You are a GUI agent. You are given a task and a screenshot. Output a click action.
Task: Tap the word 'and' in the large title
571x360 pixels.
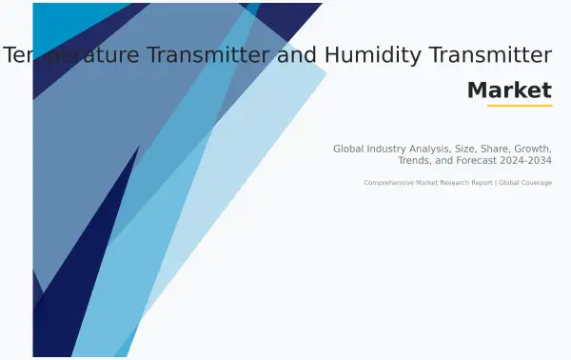295,55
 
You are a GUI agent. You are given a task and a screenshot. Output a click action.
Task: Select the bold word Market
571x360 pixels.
509,90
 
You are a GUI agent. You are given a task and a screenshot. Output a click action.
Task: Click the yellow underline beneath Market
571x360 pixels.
520,106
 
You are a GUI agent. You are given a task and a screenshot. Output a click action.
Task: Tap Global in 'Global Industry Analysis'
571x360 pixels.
349,149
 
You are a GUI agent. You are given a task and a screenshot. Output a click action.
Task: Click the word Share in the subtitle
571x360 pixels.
507,149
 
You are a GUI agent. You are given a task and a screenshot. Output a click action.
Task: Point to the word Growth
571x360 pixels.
536,149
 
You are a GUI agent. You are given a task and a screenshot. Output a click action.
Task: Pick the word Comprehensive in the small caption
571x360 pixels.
389,183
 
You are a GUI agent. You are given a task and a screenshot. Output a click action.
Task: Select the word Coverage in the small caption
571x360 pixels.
535,183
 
